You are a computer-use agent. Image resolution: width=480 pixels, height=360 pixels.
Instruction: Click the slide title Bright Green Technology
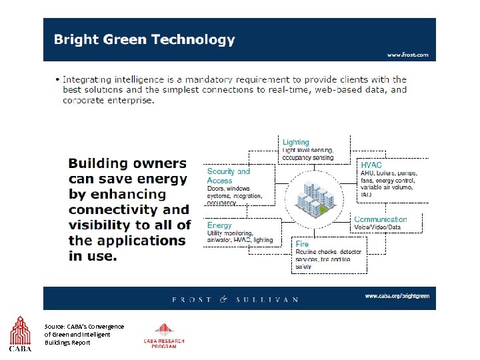[x=144, y=39]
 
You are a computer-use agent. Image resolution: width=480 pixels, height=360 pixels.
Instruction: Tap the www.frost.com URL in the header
[x=407, y=55]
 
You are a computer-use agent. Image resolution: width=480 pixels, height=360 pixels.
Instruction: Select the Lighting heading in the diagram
[x=295, y=142]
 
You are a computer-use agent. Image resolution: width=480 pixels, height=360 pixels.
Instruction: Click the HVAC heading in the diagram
[x=371, y=165]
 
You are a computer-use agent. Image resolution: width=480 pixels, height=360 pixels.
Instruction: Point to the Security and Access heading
[x=228, y=176]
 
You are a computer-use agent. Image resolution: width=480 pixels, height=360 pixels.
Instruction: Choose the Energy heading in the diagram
[x=219, y=226]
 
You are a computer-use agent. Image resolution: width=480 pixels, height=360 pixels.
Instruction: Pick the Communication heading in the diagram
[x=380, y=219]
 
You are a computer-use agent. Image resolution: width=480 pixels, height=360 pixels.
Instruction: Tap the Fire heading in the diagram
[x=302, y=244]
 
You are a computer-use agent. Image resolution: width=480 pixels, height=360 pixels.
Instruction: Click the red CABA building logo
[x=19, y=333]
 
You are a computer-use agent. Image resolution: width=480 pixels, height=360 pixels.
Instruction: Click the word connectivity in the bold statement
[x=119, y=210]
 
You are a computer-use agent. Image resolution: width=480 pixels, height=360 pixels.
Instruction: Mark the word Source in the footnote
[x=55, y=326]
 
